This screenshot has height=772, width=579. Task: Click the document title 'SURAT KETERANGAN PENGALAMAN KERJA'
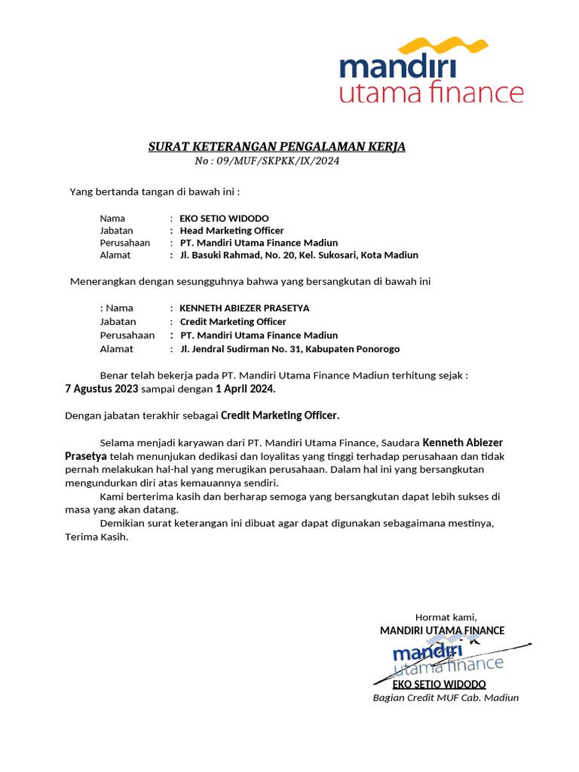[x=277, y=146]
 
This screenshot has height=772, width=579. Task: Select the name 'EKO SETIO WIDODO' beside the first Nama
[x=224, y=219]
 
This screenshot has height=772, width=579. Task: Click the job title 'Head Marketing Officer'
[x=231, y=231]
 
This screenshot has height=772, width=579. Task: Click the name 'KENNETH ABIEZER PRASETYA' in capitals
[x=244, y=308]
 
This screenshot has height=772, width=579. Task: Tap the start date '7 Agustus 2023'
[x=102, y=389]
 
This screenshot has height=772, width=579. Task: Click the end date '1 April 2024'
[x=245, y=389]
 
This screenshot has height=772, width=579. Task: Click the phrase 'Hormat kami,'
[x=446, y=617]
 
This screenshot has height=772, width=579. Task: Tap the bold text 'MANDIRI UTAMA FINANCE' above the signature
[x=442, y=630]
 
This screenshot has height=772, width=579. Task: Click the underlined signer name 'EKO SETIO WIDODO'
[x=439, y=685]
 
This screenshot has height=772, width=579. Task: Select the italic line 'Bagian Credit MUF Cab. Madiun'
[x=446, y=697]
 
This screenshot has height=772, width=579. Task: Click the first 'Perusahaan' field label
[x=125, y=243]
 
